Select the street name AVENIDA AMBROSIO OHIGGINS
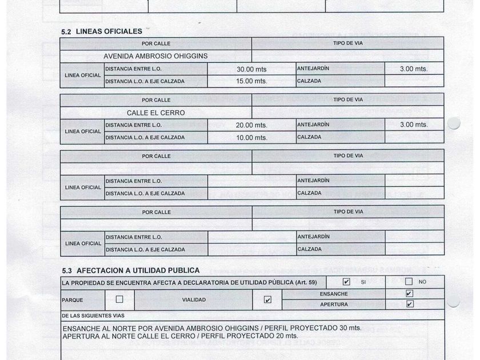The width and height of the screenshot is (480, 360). tap(155, 57)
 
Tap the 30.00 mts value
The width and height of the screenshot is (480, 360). tap(251, 69)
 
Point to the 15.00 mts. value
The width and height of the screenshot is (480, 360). tap(251, 81)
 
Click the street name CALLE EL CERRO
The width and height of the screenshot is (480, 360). tap(155, 113)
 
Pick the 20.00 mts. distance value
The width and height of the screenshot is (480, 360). tap(251, 125)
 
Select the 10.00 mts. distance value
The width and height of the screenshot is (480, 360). tap(251, 137)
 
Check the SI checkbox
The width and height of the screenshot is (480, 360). tap(346, 282)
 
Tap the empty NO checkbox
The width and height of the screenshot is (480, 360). tap(409, 281)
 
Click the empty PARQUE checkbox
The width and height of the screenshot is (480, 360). tap(119, 299)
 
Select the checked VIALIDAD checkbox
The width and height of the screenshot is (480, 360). tap(267, 299)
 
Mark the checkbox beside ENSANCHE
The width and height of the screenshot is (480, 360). tap(409, 294)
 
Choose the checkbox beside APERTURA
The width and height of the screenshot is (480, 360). tap(409, 304)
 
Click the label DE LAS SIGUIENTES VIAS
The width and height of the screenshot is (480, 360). tap(93, 315)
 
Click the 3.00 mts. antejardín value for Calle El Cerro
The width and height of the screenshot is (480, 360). tap(414, 125)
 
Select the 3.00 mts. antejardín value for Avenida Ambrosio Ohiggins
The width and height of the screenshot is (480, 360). tap(414, 69)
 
